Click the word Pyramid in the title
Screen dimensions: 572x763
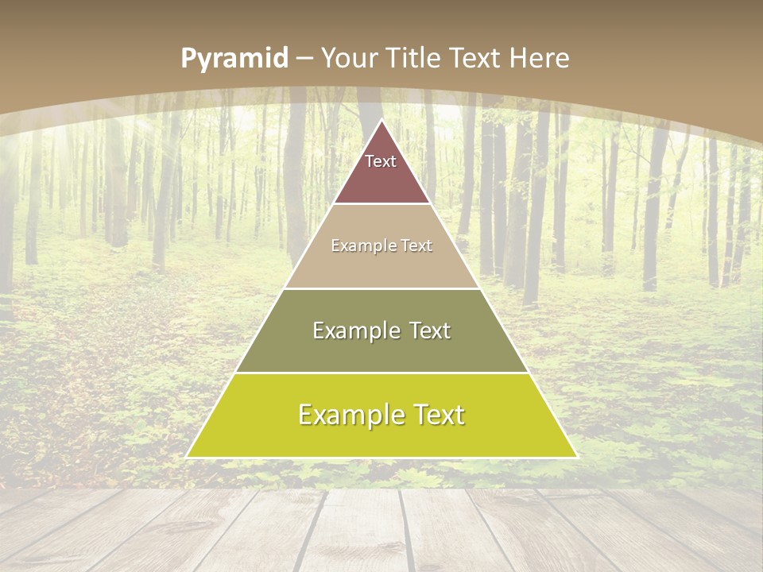pyautogui.click(x=234, y=59)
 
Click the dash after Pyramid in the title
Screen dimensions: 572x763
pyautogui.click(x=304, y=58)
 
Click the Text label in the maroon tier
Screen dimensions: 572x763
pyautogui.click(x=381, y=161)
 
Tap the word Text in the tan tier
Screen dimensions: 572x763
pyautogui.click(x=417, y=246)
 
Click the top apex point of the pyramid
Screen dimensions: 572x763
pyautogui.click(x=381, y=121)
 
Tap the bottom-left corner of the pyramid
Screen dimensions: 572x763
pyautogui.click(x=188, y=457)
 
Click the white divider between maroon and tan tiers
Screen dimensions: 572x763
pyautogui.click(x=381, y=204)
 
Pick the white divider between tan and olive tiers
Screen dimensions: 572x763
pyautogui.click(x=381, y=288)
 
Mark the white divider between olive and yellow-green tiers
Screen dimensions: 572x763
pyautogui.click(x=381, y=373)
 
